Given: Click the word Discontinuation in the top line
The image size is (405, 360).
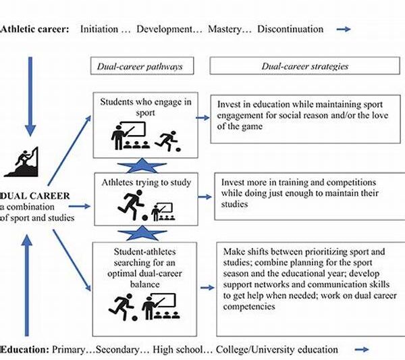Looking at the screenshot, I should click(x=290, y=29).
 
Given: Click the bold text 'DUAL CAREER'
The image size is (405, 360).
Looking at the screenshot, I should click(x=31, y=194).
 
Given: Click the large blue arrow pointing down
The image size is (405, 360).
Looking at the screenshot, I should click(x=28, y=95).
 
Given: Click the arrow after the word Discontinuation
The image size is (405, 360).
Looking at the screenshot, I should click(x=344, y=29).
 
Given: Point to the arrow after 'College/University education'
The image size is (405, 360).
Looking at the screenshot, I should click(x=361, y=349).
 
